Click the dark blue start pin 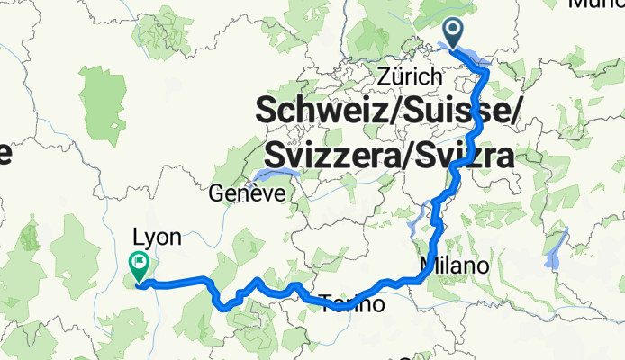point(454,34)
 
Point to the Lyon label point(157,238)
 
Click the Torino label point(352,305)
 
